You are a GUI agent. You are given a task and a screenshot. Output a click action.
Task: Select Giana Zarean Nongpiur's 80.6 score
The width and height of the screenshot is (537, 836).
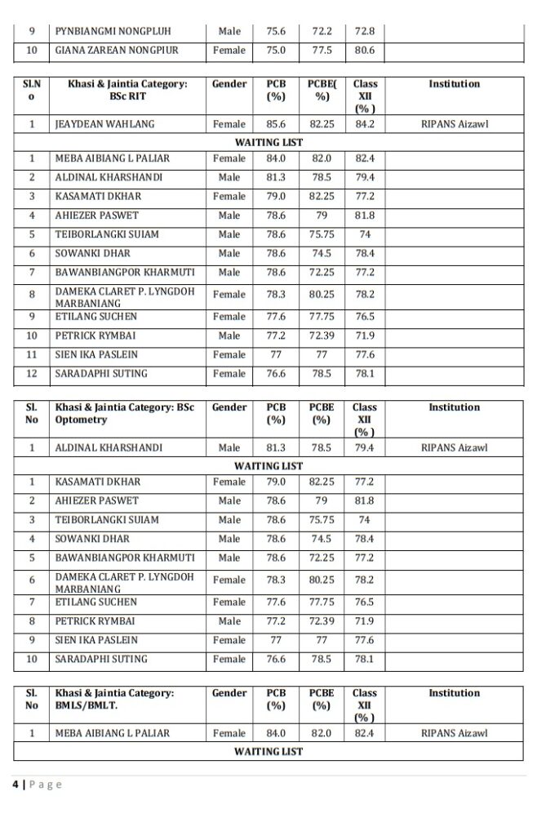[x=364, y=50]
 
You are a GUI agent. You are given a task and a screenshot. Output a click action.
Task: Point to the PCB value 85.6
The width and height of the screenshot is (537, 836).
[x=276, y=124]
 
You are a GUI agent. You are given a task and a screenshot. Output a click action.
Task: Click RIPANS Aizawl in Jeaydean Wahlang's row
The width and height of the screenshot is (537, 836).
[x=455, y=124]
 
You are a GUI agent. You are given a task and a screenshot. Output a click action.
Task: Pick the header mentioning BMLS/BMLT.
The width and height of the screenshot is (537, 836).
[x=114, y=699]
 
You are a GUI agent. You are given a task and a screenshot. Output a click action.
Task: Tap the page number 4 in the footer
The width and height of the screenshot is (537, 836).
[x=15, y=785]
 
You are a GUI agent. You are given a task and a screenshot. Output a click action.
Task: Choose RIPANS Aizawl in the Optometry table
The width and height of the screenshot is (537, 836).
[x=455, y=447]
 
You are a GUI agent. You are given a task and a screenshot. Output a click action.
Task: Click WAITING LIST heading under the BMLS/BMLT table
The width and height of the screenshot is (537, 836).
[x=268, y=751]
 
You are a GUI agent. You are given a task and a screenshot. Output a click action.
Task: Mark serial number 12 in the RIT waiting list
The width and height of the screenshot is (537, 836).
[x=31, y=373]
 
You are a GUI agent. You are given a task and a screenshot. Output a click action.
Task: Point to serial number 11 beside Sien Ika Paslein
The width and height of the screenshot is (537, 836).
[x=31, y=354]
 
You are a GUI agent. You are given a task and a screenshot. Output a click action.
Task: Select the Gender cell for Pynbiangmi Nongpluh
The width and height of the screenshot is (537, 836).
[x=229, y=31]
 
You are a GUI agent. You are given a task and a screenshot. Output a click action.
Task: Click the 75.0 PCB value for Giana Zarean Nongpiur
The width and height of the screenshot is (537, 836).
[x=276, y=50]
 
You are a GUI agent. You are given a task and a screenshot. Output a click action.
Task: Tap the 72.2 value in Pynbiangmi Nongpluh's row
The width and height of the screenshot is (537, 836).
[x=322, y=31]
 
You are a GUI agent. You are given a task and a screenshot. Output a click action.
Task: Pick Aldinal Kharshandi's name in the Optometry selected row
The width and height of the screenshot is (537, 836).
[x=109, y=447]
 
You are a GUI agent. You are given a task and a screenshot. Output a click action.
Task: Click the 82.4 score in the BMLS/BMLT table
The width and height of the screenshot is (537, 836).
[x=364, y=733]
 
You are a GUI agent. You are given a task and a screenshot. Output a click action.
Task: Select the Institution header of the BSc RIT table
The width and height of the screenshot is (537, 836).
[x=455, y=83]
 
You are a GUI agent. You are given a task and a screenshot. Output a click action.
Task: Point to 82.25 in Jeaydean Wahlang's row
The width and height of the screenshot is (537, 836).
[x=322, y=124]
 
